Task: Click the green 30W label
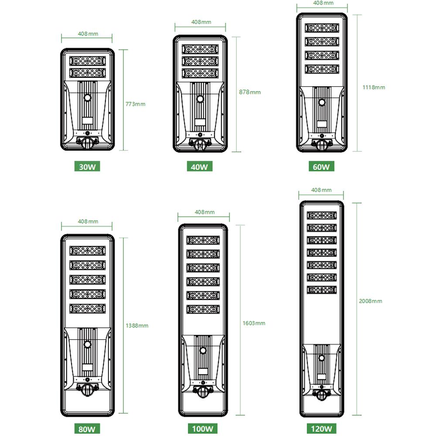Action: click(87, 167)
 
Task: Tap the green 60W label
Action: click(321, 167)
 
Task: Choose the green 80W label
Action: click(87, 429)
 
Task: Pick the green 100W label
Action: click(202, 429)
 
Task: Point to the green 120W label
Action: click(321, 429)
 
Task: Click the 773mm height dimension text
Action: click(135, 104)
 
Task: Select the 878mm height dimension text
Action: click(250, 92)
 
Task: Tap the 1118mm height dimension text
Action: click(374, 87)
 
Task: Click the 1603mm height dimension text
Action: click(254, 323)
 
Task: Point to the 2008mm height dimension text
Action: click(371, 301)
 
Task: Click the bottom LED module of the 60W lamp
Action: click(322, 69)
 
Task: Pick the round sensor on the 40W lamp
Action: click(201, 99)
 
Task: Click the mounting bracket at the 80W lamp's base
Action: click(88, 389)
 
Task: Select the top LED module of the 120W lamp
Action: click(322, 216)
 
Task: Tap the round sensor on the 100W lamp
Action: click(203, 351)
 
